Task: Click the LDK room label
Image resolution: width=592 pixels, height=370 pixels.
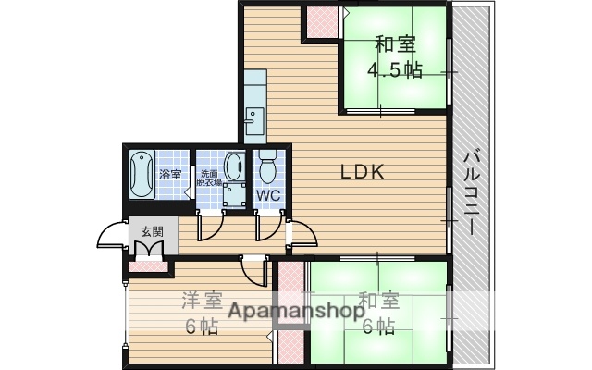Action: (355, 171)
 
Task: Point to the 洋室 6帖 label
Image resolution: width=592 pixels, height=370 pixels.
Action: (200, 314)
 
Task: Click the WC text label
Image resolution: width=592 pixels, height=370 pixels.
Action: (267, 196)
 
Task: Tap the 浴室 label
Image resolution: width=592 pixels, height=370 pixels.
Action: (169, 174)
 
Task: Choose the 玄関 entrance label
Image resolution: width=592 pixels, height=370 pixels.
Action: (150, 231)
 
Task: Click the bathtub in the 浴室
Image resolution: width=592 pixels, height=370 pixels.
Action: (142, 173)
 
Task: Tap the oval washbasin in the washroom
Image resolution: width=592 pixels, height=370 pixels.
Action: (235, 166)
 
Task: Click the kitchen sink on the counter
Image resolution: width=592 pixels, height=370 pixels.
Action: (253, 117)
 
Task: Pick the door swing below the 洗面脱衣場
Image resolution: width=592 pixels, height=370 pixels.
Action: (211, 226)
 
